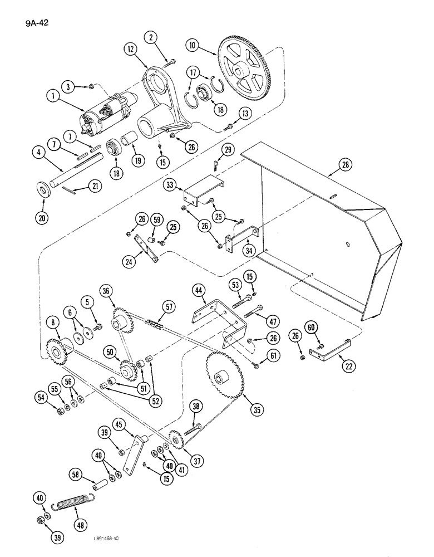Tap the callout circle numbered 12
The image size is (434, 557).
[x=131, y=49]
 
